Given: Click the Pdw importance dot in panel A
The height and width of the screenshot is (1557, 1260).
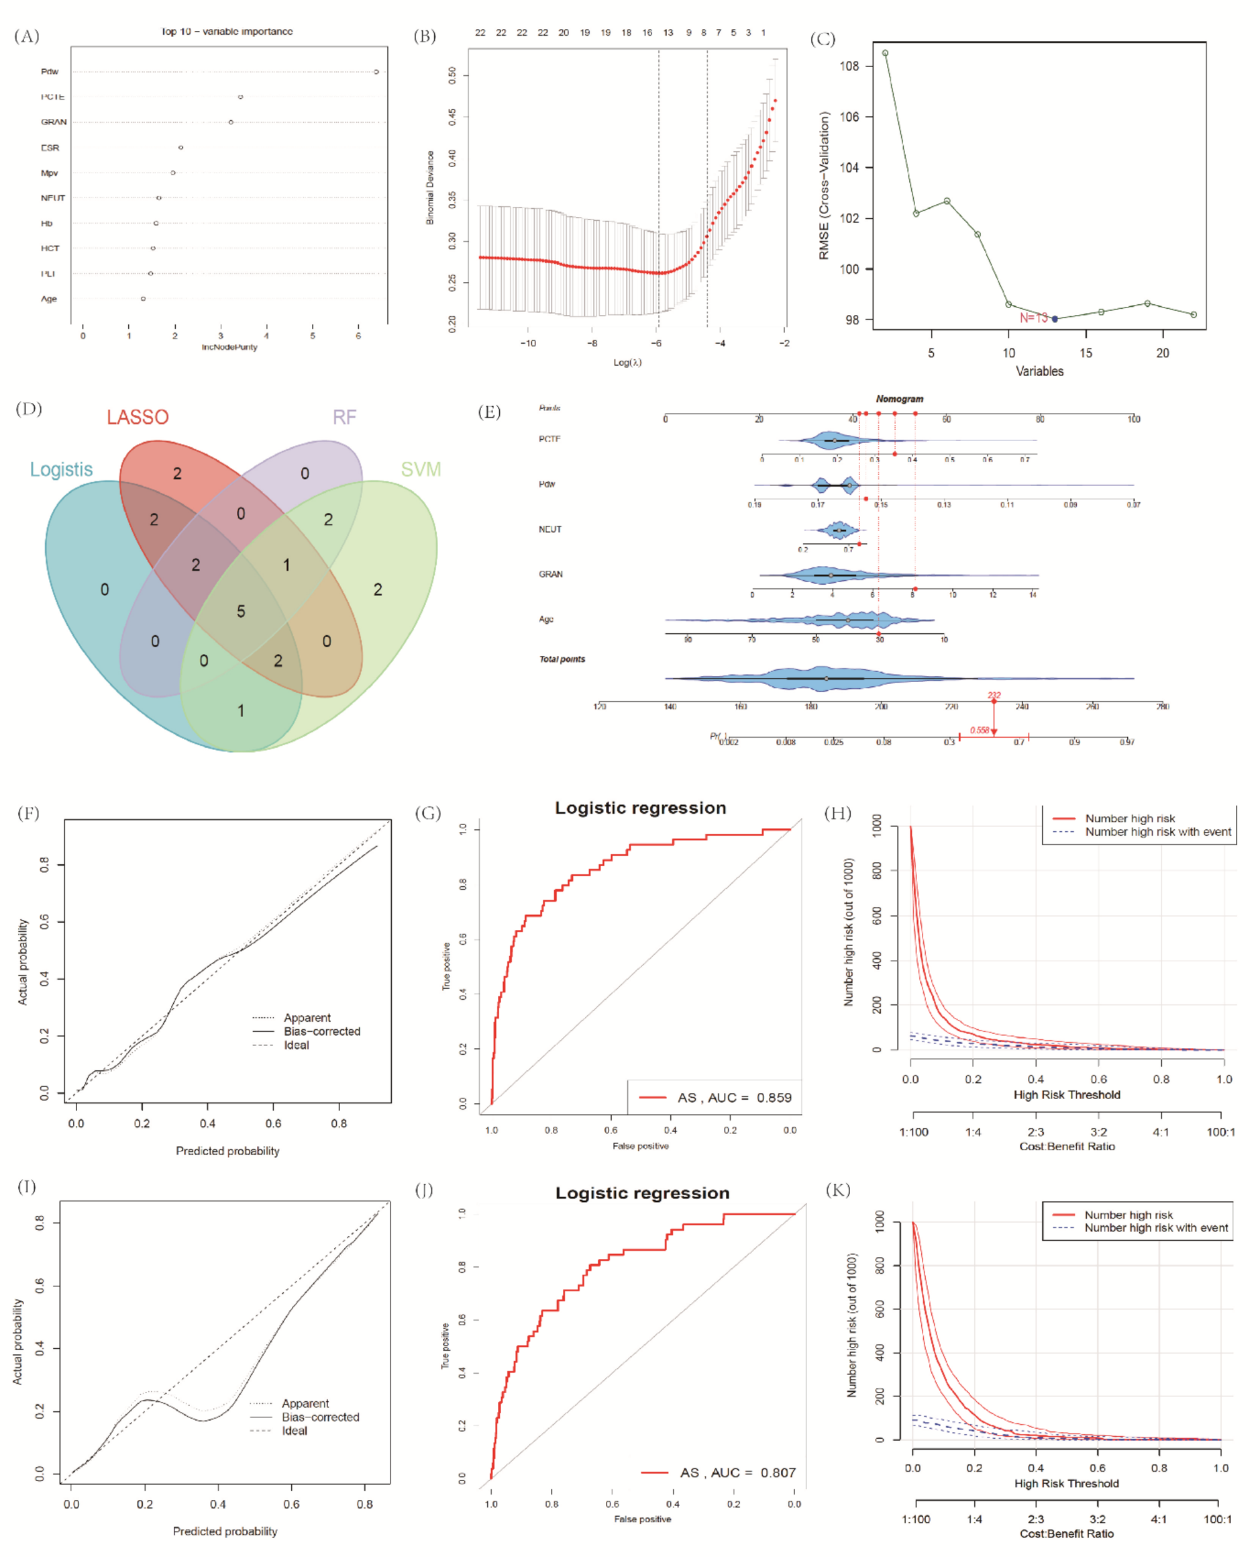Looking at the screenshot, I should [x=376, y=72].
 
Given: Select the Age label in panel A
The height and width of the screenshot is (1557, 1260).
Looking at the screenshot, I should [x=48, y=299].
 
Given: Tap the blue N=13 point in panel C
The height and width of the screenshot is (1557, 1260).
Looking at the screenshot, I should [x=1055, y=319].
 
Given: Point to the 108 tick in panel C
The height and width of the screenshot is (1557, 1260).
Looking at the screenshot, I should [x=849, y=66].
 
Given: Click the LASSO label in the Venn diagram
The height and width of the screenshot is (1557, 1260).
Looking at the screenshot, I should [x=138, y=417].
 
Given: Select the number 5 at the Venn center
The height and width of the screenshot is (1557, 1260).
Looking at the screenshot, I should [x=241, y=612].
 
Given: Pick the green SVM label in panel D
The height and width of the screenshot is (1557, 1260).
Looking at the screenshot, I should [x=421, y=469].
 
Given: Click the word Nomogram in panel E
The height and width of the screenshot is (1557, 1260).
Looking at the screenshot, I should [x=899, y=399].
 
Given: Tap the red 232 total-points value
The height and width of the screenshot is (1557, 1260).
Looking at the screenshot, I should [x=994, y=695].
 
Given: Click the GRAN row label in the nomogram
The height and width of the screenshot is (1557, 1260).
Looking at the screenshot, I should [x=550, y=573].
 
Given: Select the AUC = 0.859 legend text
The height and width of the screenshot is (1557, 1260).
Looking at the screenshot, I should [x=735, y=1097].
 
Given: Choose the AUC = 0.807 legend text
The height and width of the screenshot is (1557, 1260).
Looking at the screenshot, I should [x=737, y=1472].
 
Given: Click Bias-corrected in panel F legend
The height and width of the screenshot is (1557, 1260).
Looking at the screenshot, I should [x=321, y=1031].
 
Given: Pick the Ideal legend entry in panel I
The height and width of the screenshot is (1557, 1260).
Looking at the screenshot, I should [x=294, y=1431].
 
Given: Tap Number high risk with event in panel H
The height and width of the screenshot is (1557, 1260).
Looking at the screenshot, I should [x=1157, y=831].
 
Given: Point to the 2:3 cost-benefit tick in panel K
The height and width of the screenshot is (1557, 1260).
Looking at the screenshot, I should [x=1036, y=1519].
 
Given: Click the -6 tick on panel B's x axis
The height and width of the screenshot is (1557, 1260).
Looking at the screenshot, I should [x=656, y=343].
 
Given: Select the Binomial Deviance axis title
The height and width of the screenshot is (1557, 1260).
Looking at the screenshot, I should [x=429, y=187].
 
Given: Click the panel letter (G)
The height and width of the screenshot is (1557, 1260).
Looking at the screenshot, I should [x=428, y=812].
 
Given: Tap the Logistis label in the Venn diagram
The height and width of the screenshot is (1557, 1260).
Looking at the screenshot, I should [x=62, y=469].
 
